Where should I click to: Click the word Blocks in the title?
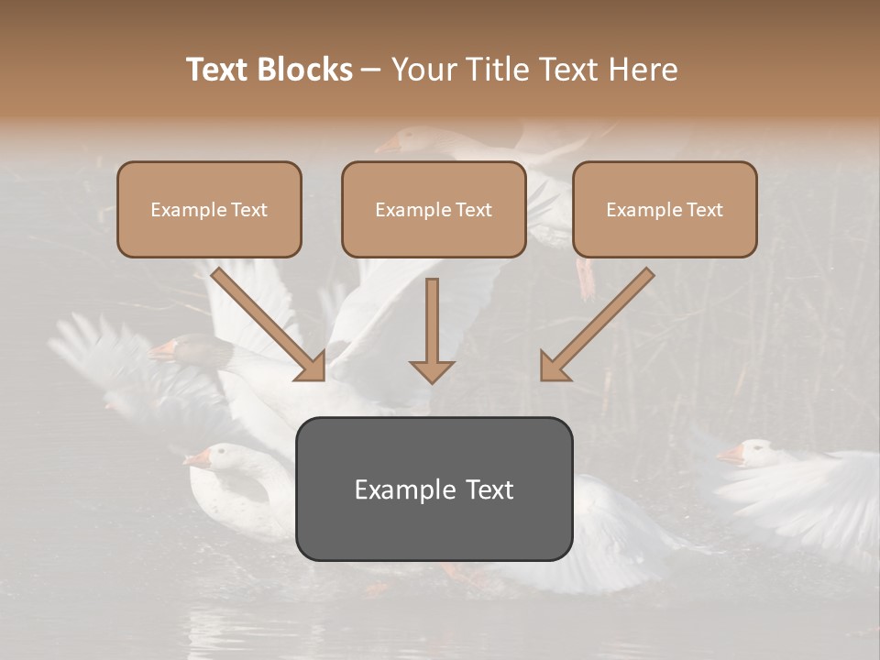click(306, 70)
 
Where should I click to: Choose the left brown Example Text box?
click(209, 210)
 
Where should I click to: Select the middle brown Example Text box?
click(434, 210)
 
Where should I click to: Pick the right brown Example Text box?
click(665, 210)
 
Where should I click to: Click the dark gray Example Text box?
click(434, 489)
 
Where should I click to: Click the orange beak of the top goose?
click(388, 145)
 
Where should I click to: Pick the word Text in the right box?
click(704, 210)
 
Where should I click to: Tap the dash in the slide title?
click(372, 70)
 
